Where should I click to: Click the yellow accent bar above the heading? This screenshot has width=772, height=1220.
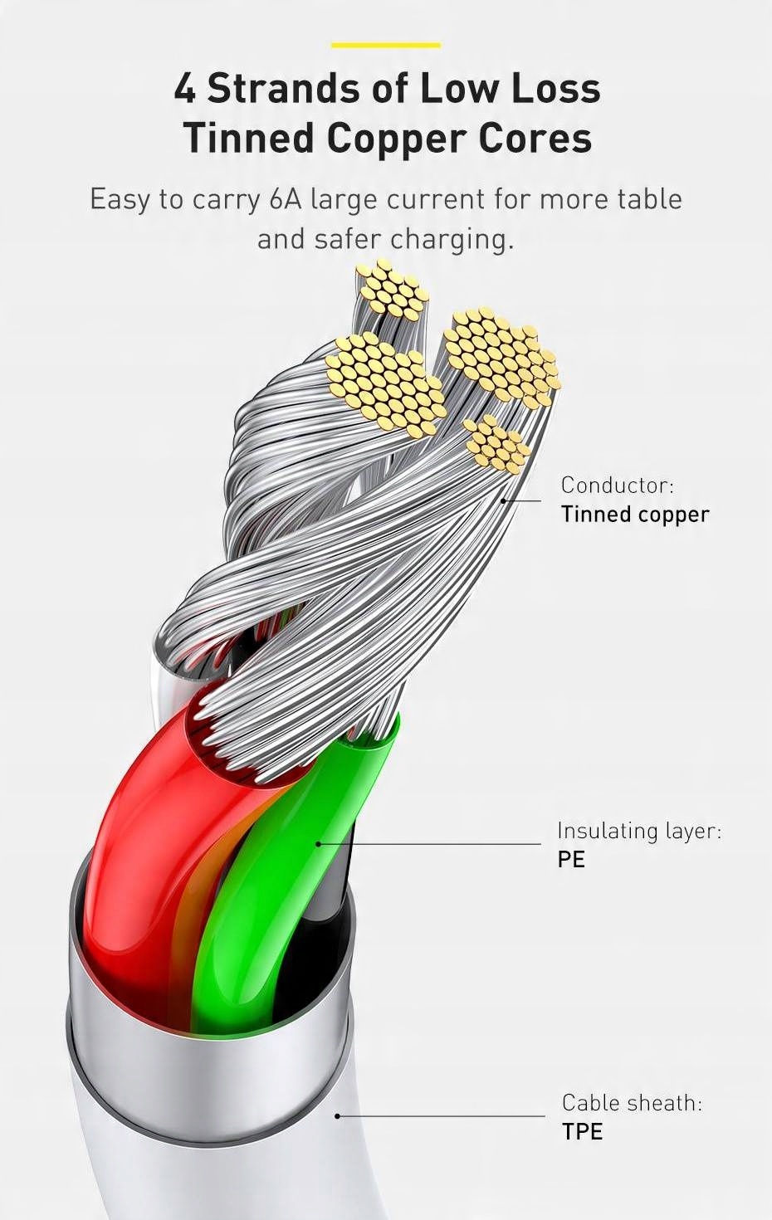point(386,45)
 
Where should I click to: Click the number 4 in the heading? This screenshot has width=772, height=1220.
point(184,89)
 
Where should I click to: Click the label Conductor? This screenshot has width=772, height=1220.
point(617,485)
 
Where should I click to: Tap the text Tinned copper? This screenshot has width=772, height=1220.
point(635,514)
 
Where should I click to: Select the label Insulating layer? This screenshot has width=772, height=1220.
point(638,831)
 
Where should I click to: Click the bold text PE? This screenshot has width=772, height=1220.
point(571,859)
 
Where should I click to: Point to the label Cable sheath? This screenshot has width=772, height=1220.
point(631,1103)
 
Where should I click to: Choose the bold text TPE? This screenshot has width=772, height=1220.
point(582,1131)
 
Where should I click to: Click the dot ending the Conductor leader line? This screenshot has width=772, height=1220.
point(503,500)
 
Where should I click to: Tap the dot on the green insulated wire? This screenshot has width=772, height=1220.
point(318,844)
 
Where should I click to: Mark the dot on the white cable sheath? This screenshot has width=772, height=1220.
point(337,1115)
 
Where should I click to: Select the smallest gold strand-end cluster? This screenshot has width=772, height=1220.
point(496,444)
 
